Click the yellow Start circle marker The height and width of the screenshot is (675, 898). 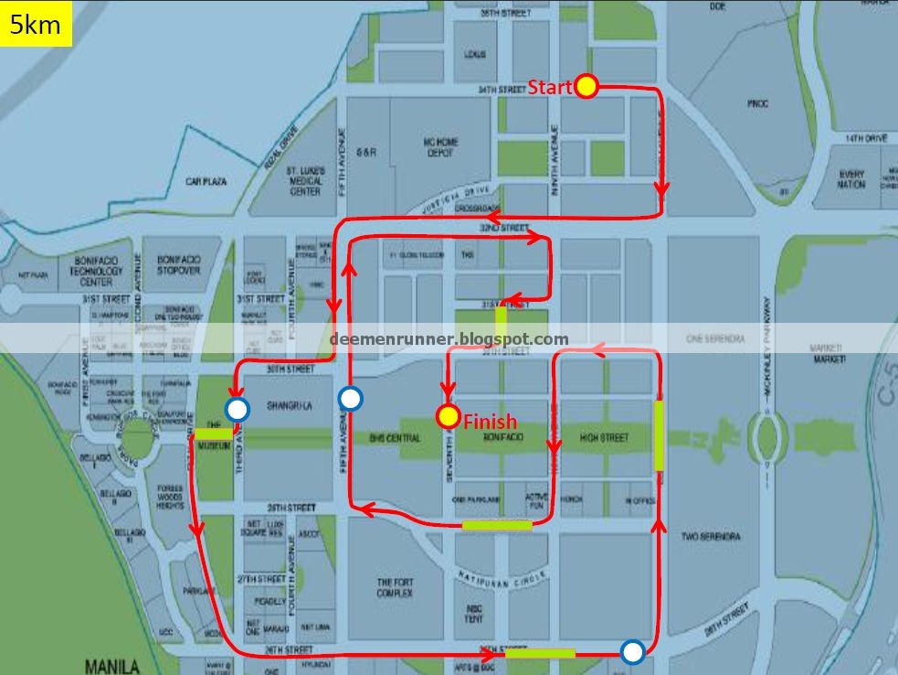point(586,87)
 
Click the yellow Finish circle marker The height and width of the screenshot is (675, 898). point(448,417)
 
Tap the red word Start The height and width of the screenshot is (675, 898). point(550,88)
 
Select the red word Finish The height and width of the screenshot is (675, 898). point(491,422)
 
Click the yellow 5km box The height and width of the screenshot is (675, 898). point(36,24)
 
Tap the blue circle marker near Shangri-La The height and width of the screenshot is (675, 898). point(238,409)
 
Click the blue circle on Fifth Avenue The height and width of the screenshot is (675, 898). point(350,398)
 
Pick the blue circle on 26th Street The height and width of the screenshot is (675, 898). point(631,651)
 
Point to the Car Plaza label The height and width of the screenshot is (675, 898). point(206,182)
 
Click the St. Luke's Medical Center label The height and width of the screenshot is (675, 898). point(305,181)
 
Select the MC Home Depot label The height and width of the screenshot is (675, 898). point(440,147)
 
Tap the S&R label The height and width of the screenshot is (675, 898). point(366,153)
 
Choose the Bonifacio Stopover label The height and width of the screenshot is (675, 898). point(179,265)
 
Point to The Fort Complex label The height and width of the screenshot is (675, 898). point(396,587)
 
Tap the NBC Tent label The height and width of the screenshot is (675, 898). point(473,613)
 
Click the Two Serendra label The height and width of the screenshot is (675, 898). point(711,536)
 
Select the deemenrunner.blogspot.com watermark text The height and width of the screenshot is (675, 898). point(449,339)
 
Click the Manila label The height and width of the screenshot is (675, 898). point(111,666)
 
